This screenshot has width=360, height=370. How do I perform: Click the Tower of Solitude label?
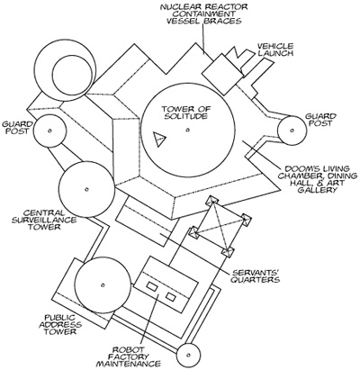coord(185,113)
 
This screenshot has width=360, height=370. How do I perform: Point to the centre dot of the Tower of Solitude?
coord(188,130)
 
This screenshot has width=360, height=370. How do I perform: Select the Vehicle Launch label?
coord(274,50)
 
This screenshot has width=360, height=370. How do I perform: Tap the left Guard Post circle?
coord(49,131)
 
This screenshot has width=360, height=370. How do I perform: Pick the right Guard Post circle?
coord(292,131)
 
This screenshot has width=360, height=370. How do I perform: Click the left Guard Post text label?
coord(16,128)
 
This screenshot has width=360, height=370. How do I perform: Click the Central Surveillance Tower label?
coord(44,220)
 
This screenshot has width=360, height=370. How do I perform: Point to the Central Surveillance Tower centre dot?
coord(86,189)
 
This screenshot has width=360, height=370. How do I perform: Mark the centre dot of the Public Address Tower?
coord(103,284)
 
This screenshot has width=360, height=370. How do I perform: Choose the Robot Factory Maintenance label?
coord(128,356)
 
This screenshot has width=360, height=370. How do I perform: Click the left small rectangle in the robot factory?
coord(152,287)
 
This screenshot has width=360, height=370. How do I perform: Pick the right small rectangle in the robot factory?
coord(171,296)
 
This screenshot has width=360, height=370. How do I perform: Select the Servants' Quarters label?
coord(256,276)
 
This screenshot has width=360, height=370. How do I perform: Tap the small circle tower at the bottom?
coord(188,355)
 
